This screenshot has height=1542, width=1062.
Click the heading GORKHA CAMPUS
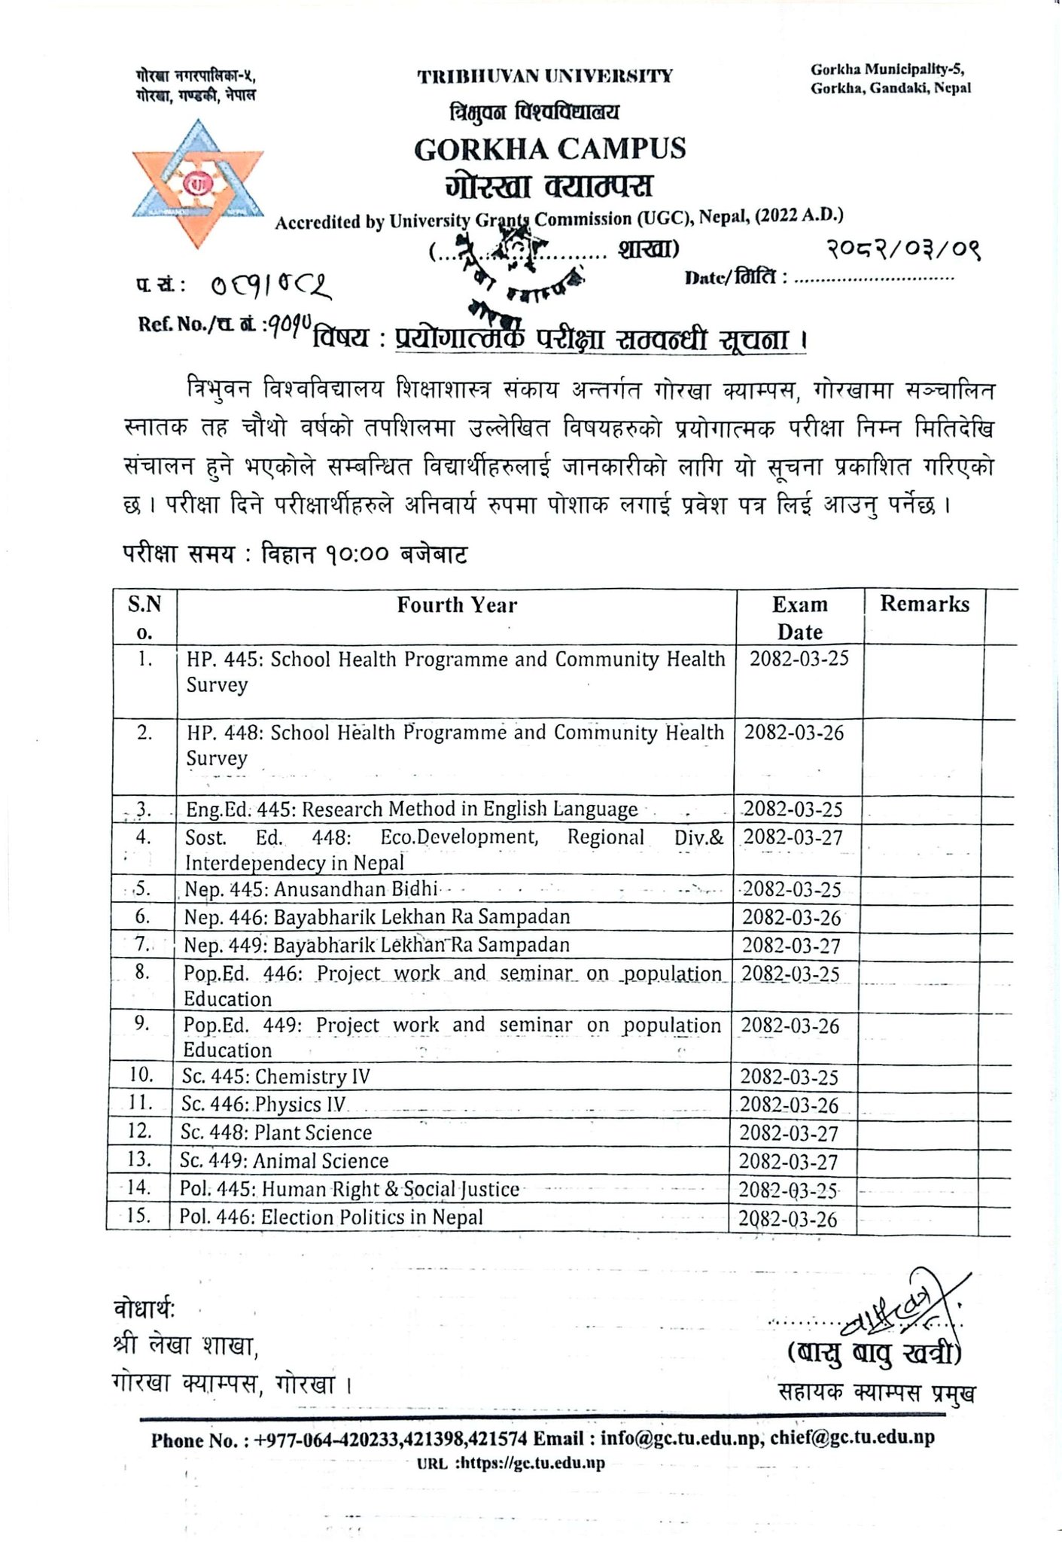[549, 148]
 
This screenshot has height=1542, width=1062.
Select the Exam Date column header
[799, 617]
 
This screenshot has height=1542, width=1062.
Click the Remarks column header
[924, 604]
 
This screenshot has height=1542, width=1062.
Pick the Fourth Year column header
[457, 605]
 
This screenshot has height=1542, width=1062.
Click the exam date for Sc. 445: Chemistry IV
[789, 1077]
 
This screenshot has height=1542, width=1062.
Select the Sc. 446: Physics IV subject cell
[263, 1105]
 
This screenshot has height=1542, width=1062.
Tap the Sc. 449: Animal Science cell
[284, 1161]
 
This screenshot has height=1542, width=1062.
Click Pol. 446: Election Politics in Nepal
[331, 1217]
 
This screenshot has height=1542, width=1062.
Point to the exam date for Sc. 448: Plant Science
[788, 1133]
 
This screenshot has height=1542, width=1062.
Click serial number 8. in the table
[142, 972]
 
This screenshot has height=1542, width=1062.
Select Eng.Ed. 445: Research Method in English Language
[412, 809]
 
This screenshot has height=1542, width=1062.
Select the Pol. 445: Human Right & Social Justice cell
[349, 1190]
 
